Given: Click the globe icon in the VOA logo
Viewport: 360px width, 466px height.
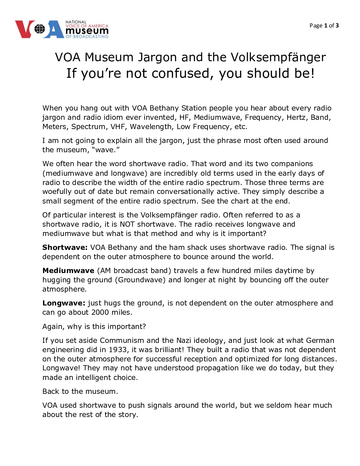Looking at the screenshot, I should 39,29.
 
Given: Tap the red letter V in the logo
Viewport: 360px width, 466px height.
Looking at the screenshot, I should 24,29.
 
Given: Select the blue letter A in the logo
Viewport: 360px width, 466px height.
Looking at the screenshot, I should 54,29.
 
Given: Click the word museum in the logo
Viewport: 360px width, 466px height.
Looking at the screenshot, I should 87,31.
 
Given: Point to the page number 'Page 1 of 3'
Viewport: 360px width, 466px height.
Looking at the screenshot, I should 324,25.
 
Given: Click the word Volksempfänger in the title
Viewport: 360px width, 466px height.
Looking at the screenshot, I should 278,57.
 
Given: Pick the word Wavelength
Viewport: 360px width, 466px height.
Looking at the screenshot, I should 151,126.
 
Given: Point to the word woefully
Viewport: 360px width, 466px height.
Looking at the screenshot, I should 57,191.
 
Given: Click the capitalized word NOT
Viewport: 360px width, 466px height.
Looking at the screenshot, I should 127,224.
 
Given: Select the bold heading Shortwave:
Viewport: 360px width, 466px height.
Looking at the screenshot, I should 65,247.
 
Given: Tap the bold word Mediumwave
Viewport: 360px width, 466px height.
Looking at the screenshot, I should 68,270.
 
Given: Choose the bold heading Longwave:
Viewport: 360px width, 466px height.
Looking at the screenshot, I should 64,303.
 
